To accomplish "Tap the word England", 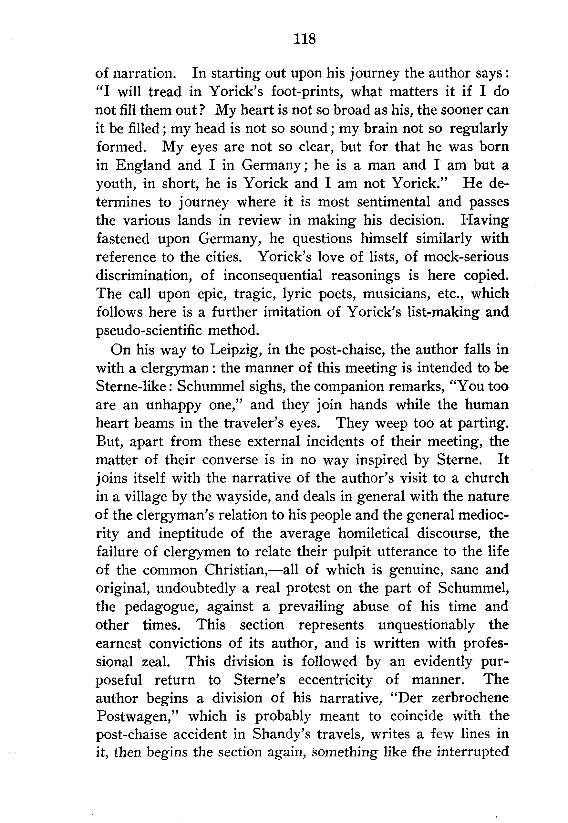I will click(x=143, y=165).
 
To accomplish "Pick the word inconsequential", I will click(x=273, y=275).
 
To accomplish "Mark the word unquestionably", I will click(x=426, y=625).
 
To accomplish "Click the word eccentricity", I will click(x=335, y=680).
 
